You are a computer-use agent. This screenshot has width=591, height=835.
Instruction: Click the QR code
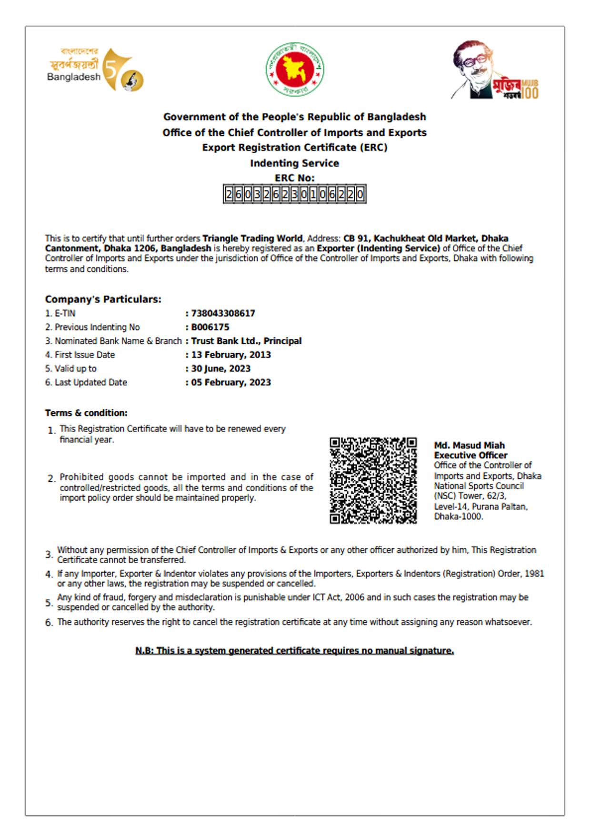tap(373, 480)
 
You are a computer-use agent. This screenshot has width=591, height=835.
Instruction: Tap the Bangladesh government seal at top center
tap(295, 70)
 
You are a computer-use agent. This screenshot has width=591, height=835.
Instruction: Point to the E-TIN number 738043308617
tap(223, 313)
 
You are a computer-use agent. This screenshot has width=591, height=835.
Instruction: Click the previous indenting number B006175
tap(210, 327)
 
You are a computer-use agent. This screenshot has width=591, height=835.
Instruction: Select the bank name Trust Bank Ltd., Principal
tap(246, 341)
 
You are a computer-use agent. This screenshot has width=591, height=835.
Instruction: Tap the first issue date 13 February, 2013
tap(231, 355)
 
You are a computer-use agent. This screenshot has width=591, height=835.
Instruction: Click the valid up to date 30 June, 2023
tap(220, 368)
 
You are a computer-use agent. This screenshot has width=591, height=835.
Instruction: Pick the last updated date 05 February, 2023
tap(231, 382)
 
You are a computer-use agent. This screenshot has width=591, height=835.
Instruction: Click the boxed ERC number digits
tap(295, 194)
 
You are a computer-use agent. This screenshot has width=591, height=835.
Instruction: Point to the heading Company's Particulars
tap(103, 299)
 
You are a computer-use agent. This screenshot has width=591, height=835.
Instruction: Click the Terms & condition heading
tap(86, 413)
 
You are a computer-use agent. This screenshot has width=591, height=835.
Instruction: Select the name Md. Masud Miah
tap(469, 445)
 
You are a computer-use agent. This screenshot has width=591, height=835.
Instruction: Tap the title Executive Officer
tap(471, 455)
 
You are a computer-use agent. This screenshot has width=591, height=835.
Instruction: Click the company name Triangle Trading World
tap(252, 238)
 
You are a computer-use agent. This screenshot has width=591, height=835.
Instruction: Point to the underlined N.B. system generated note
tap(294, 650)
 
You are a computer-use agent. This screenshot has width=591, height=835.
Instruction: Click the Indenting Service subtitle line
tap(295, 163)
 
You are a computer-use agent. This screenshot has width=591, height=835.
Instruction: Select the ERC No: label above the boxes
tap(295, 178)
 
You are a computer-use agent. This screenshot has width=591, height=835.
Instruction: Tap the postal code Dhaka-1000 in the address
tap(458, 517)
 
